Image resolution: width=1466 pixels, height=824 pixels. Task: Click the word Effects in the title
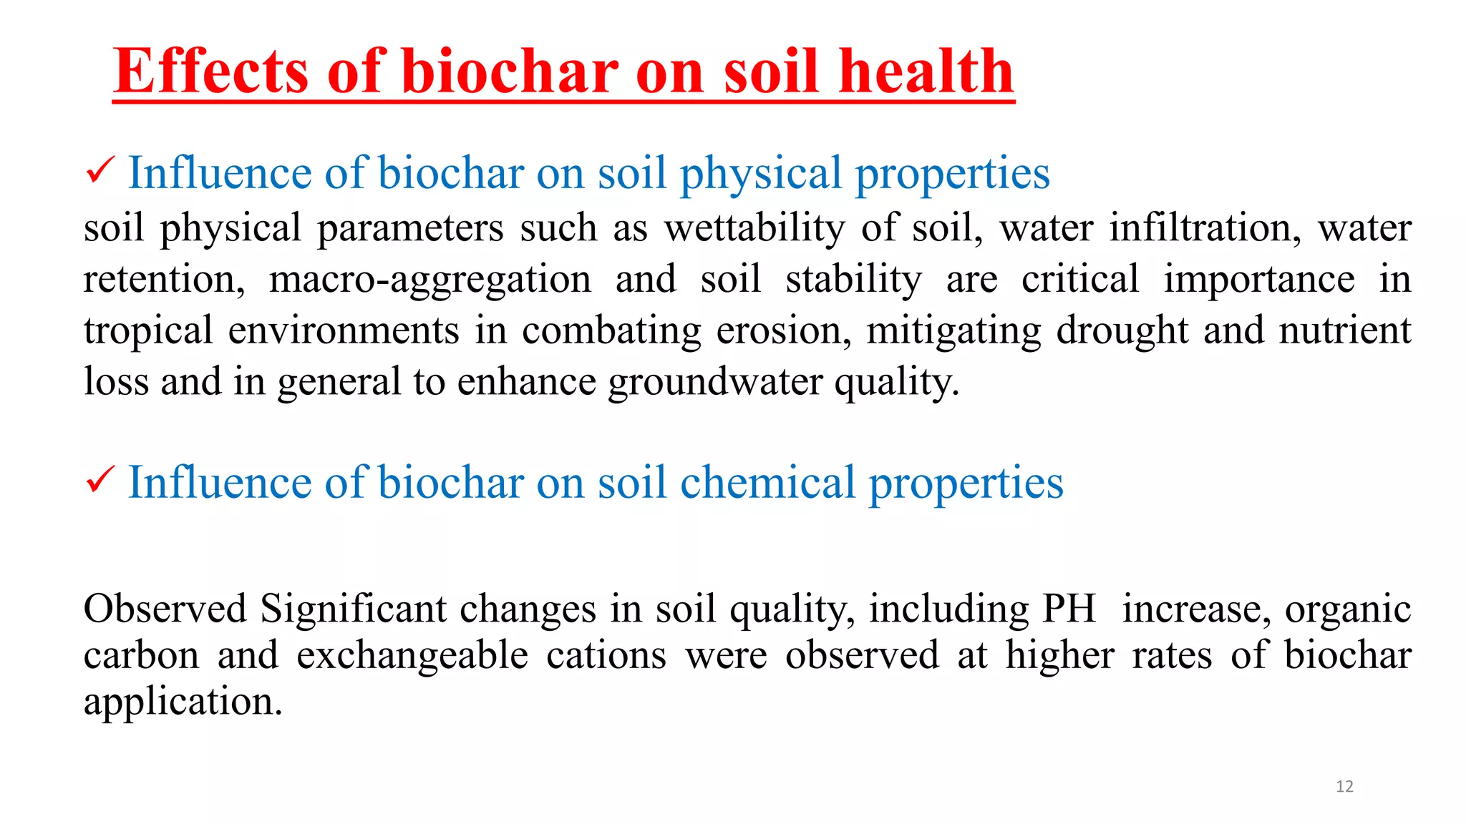pyautogui.click(x=210, y=71)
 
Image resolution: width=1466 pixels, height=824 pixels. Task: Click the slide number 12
pyautogui.click(x=1344, y=787)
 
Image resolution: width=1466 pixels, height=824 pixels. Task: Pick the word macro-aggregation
pyautogui.click(x=429, y=280)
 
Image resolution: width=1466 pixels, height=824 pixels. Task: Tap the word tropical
pyautogui.click(x=148, y=331)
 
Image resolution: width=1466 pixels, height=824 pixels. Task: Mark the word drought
pyautogui.click(x=1122, y=331)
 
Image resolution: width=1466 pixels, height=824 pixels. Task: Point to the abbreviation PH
pyautogui.click(x=1069, y=609)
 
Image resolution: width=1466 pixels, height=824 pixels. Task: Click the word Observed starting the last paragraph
pyautogui.click(x=165, y=609)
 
